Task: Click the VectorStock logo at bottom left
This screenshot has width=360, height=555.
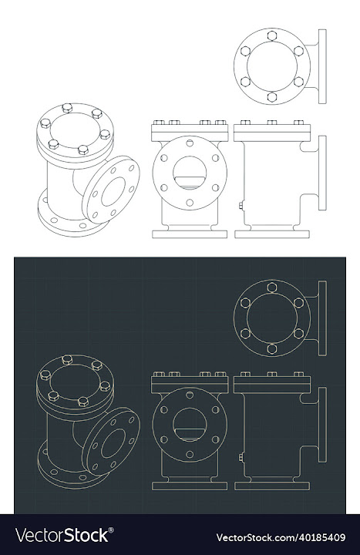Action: (63, 535)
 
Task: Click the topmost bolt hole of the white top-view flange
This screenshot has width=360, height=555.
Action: (271, 35)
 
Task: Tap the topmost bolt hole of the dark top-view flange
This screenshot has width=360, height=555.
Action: (271, 288)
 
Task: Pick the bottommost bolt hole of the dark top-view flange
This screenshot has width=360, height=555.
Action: (271, 348)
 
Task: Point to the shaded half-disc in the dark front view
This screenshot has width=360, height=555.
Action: (189, 436)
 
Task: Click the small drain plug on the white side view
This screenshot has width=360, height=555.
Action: (241, 206)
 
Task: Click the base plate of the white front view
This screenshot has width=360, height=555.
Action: (190, 233)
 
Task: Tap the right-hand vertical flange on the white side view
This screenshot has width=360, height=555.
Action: (322, 173)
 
